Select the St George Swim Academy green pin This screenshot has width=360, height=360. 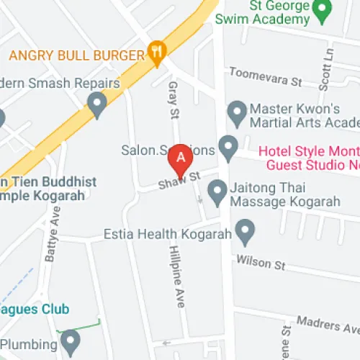[324, 10]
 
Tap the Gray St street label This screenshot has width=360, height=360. [173, 99]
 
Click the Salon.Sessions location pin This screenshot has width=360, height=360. [228, 148]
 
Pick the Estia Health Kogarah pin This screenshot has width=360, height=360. [246, 232]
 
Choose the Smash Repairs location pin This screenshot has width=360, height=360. [97, 107]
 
